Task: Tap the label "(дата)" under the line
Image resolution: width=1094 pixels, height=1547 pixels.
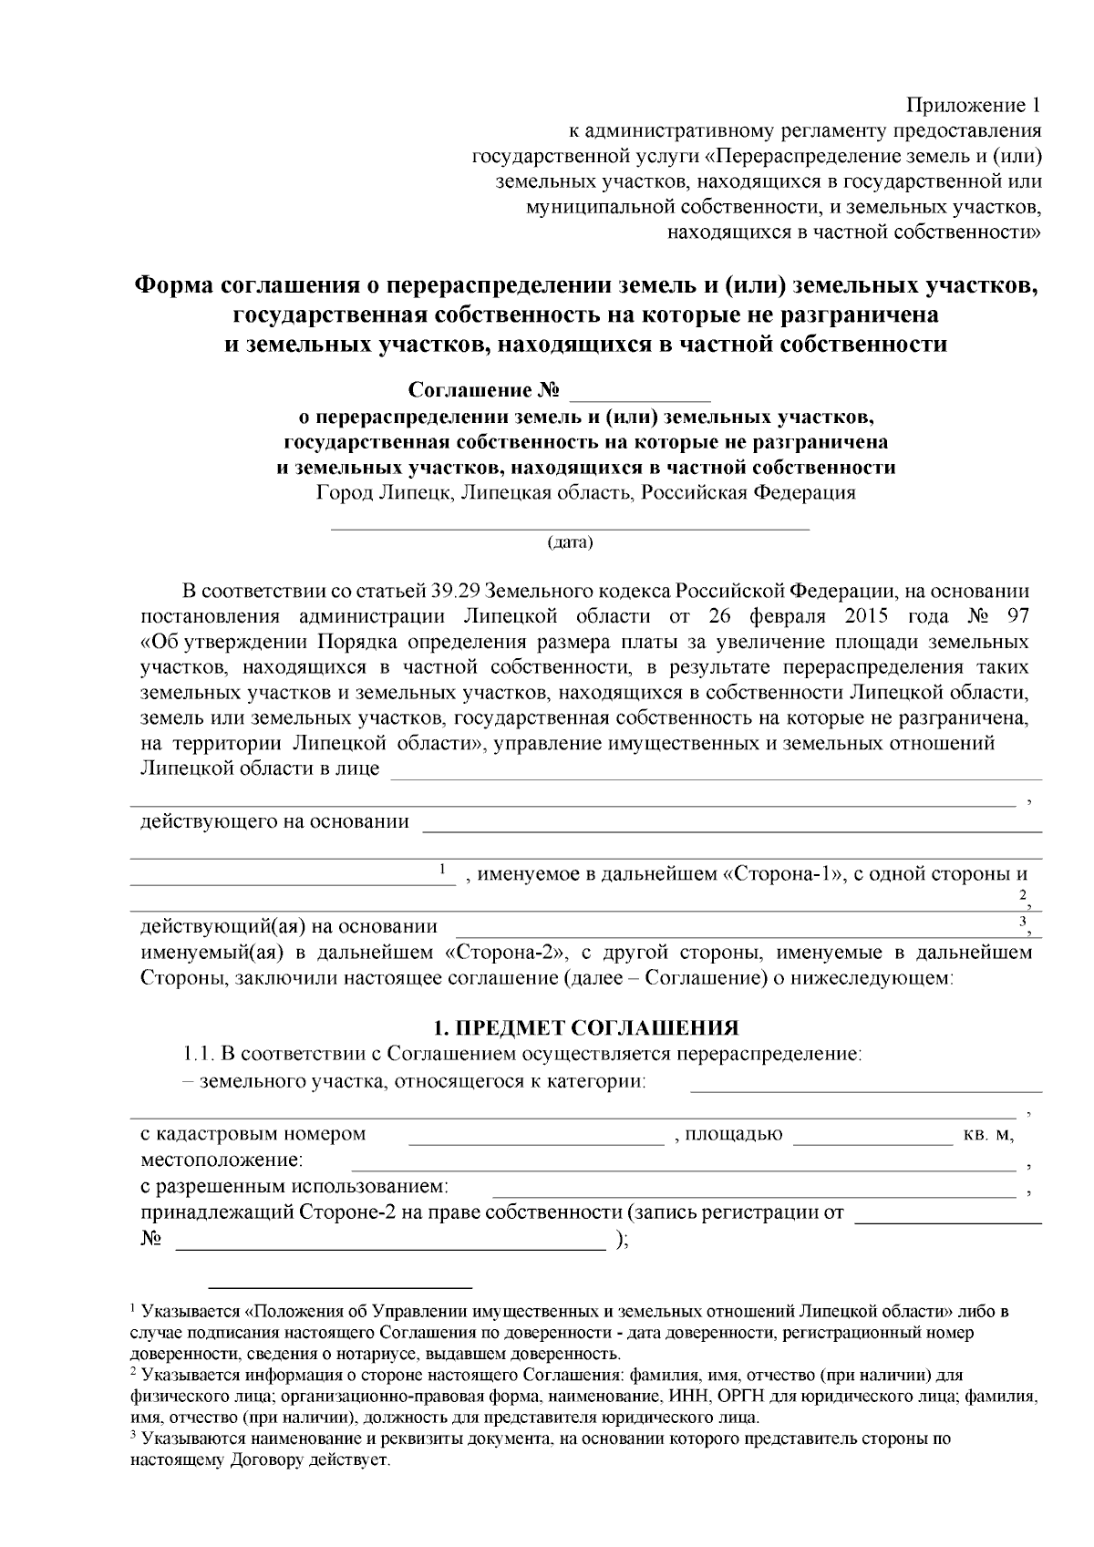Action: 570,544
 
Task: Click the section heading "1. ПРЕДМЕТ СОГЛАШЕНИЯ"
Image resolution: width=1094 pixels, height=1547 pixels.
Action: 584,1028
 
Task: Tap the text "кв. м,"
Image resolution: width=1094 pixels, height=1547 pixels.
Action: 988,1135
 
